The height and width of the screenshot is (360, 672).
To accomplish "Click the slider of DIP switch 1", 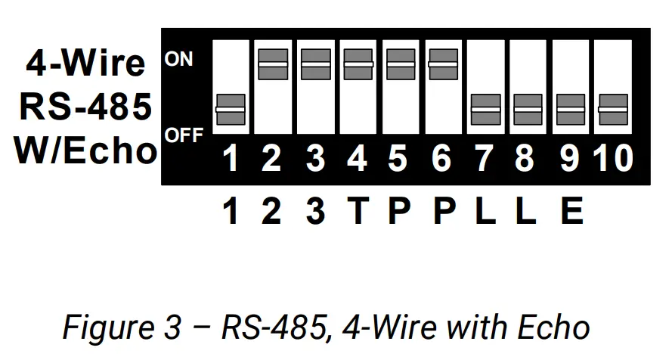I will click(x=231, y=110).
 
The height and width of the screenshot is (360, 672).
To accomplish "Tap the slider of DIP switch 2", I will click(x=273, y=64).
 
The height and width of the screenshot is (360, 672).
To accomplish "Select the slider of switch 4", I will click(x=358, y=64).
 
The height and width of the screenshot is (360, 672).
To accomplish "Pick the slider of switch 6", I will click(x=443, y=64).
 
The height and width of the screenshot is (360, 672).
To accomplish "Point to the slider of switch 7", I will click(x=485, y=110).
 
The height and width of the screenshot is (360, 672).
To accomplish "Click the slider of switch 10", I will click(x=612, y=110).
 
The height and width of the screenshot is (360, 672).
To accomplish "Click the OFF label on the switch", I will click(x=184, y=136).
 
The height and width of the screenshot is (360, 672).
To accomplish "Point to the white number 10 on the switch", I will click(x=612, y=159).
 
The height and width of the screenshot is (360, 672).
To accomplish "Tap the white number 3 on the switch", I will click(x=316, y=159).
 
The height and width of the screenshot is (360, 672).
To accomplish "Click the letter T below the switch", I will click(x=358, y=211).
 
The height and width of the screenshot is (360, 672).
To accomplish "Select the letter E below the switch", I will click(x=571, y=211).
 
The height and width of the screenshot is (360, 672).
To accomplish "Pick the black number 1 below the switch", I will click(x=231, y=211).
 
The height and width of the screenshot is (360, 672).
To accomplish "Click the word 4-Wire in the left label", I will click(x=85, y=64).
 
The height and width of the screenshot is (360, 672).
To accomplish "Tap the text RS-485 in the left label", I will click(x=85, y=107).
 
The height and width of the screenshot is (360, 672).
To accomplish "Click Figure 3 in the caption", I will click(x=122, y=327).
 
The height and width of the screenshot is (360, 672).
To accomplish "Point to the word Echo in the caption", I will click(x=554, y=327).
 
